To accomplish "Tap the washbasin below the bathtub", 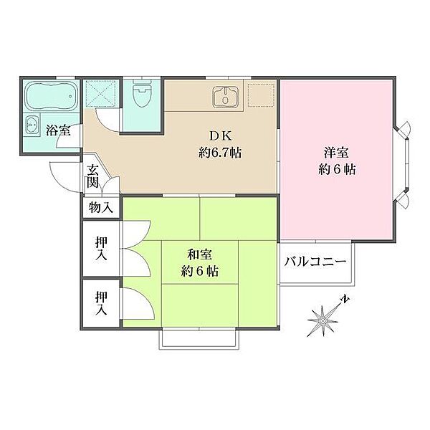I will coord(32,125).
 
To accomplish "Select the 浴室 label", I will coord(58,130).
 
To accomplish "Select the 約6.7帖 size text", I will coord(219,153).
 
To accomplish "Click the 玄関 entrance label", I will coord(93,176).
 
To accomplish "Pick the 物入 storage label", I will coord(101,208).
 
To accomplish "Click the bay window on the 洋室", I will coord(404,164).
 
